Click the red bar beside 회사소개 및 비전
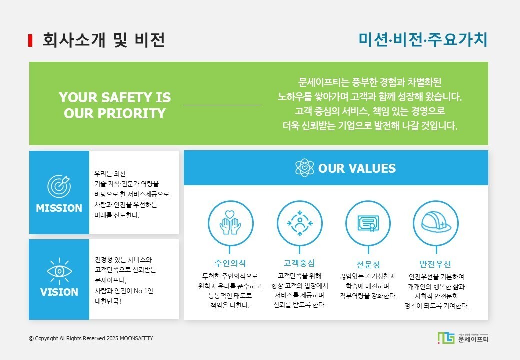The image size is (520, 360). click(30, 40)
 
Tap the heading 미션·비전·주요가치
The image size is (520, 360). click(423, 40)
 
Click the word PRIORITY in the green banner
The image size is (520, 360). click(131, 113)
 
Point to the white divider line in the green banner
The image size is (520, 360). click(222, 105)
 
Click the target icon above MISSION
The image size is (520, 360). click(59, 186)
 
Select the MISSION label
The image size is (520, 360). click(59, 208)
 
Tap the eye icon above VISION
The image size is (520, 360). click(59, 271)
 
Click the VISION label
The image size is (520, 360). click(59, 292)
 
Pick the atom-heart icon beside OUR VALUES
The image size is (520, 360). click(305, 168)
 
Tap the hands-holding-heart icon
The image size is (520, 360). click(230, 223)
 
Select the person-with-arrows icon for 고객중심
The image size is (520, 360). click(300, 223)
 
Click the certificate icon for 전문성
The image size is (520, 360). click(368, 223)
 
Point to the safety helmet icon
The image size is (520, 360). click(436, 223)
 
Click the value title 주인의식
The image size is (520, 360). click(230, 263)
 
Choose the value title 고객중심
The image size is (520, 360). click(299, 263)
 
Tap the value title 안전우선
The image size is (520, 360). click(435, 264)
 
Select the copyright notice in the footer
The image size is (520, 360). click(91, 338)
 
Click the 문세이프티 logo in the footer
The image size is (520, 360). click(463, 338)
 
